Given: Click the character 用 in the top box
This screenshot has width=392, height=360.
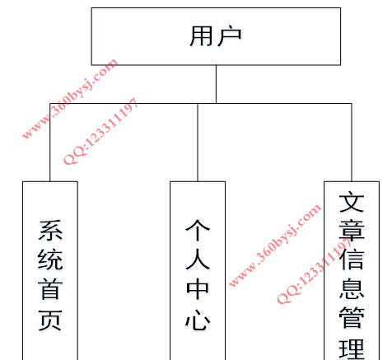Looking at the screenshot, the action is click(202, 36).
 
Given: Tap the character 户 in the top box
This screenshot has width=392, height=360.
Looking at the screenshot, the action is click(230, 36).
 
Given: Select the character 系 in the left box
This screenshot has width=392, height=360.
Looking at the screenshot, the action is click(50, 231).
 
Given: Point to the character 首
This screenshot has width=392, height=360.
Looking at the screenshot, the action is click(50, 288).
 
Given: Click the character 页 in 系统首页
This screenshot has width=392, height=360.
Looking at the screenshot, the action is click(50, 320).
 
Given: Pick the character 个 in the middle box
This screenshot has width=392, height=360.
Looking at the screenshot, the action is click(198, 230).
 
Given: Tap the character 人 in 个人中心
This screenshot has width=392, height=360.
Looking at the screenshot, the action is click(198, 259).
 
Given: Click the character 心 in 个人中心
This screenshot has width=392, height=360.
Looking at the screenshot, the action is click(198, 320).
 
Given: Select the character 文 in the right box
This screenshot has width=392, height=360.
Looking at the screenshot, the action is click(352, 202).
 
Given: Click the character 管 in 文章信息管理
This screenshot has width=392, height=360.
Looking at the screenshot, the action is click(352, 317).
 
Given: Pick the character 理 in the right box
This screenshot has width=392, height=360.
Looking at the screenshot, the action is click(352, 348).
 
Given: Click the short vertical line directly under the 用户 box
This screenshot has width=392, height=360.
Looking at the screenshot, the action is click(216, 84).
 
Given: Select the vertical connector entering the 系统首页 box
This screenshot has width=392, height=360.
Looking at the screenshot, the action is click(50, 143).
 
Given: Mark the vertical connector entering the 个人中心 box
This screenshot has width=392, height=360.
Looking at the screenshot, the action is click(198, 143).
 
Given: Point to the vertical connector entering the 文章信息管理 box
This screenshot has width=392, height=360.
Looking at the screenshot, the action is click(352, 143).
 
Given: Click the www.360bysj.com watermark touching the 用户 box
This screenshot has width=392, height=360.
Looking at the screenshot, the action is click(70, 98).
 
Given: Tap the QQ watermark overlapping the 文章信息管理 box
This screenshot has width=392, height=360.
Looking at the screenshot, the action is click(315, 270).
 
